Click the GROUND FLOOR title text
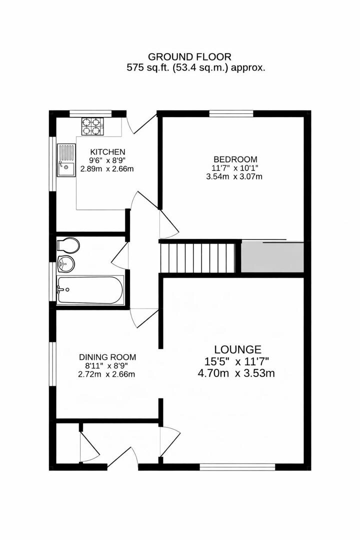coord(189,57)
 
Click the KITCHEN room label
coord(107,151)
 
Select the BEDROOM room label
coord(234,159)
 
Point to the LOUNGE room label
coord(237,349)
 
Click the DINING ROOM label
coord(107,357)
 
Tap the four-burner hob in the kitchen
coord(90,125)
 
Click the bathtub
coord(90,289)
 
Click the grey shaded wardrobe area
coord(272,257)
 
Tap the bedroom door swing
coord(168,225)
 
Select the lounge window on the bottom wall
coord(237,467)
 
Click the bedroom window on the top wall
coord(231,113)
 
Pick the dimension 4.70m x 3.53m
coord(237,372)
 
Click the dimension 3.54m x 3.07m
coord(234,176)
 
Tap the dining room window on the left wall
coord(52,363)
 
